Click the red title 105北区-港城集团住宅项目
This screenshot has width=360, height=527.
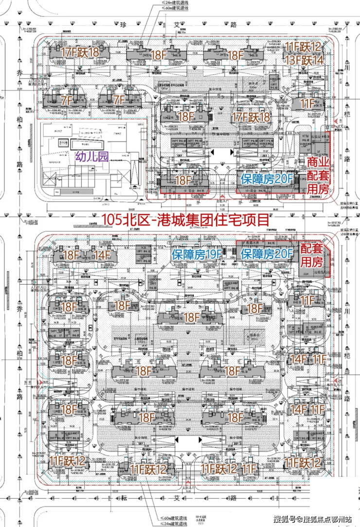[x=185, y=219]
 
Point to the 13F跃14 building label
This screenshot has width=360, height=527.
[x=303, y=60]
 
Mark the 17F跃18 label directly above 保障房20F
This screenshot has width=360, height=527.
[x=251, y=117]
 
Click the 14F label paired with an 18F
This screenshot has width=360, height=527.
[x=103, y=254]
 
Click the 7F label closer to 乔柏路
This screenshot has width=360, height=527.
[x=67, y=101]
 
